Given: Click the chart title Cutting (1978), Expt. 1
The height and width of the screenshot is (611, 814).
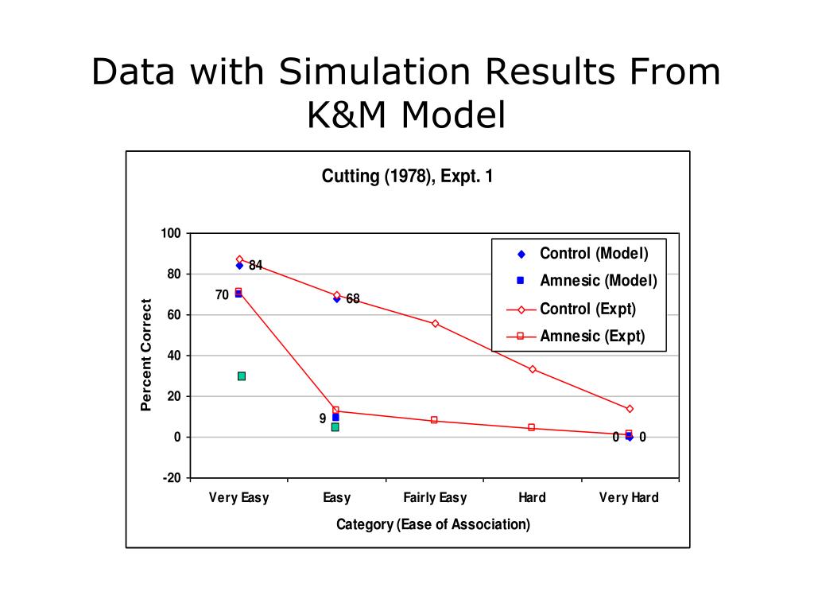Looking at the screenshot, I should (407, 177).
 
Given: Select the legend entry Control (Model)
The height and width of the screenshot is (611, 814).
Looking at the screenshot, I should (594, 254).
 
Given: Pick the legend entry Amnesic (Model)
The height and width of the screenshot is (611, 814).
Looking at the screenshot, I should (598, 281).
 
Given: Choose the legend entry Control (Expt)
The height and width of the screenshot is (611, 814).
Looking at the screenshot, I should (587, 309).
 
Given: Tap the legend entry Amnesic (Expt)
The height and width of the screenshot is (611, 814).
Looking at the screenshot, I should (592, 336).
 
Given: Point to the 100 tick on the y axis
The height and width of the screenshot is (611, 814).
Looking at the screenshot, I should (172, 233).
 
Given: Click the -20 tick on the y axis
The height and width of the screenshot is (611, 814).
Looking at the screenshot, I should (172, 478).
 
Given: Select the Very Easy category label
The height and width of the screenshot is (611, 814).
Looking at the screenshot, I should (238, 498).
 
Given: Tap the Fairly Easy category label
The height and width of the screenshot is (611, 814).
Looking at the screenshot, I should (435, 498).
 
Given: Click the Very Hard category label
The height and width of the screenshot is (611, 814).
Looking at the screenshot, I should (629, 498).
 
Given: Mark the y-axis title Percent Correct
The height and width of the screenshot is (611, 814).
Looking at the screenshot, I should (146, 355).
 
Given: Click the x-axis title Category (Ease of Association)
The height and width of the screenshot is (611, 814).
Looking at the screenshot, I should (433, 524).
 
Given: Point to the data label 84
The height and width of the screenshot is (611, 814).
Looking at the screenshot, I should (255, 266).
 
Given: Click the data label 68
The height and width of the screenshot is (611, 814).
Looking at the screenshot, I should (353, 299).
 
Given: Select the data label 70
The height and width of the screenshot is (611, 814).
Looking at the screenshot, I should (222, 295).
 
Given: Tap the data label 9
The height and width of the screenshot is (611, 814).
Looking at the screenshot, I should (323, 418).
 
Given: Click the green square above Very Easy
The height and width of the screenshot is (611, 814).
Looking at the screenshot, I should (242, 376).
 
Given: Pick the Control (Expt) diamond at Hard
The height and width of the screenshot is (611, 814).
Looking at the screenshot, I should (532, 369).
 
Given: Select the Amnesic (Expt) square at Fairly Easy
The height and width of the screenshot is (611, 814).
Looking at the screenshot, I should (434, 420).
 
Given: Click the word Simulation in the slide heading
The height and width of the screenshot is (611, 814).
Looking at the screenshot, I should (377, 73).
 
